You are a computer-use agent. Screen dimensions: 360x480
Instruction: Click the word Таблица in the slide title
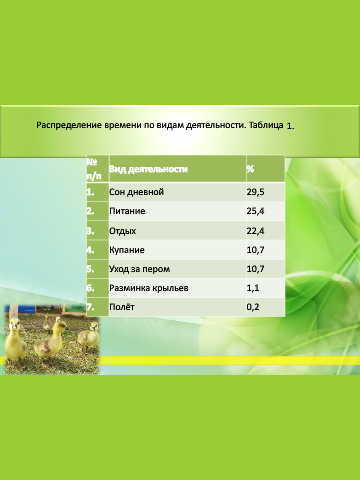coord(266,125)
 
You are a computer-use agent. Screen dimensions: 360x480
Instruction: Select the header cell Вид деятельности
coord(148,169)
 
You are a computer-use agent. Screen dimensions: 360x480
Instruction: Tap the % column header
coord(250,169)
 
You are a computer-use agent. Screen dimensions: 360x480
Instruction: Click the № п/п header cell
coord(94,169)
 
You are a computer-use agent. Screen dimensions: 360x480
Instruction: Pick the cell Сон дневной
coord(136,192)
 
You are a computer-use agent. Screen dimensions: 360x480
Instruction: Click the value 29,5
coord(255,192)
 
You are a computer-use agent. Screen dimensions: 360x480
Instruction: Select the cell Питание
coord(127,211)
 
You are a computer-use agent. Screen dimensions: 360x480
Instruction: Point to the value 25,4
coord(255,211)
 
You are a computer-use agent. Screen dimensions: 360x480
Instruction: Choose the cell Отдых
coord(122,231)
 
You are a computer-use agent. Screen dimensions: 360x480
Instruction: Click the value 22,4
coord(255,230)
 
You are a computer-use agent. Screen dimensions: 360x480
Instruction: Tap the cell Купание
coord(127,250)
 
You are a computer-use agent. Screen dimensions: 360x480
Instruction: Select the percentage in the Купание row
coord(255,250)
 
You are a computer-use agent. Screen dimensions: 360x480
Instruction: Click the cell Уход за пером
coord(139,269)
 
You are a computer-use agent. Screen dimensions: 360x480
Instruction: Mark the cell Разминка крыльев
coord(149,288)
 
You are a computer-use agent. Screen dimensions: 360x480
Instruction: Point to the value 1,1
coord(253,288)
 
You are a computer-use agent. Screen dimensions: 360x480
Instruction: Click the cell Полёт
coord(122,307)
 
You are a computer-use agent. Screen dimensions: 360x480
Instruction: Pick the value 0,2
coord(253,307)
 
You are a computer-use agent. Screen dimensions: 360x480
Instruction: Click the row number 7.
coord(90,307)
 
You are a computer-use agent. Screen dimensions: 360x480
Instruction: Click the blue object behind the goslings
coord(27,309)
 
